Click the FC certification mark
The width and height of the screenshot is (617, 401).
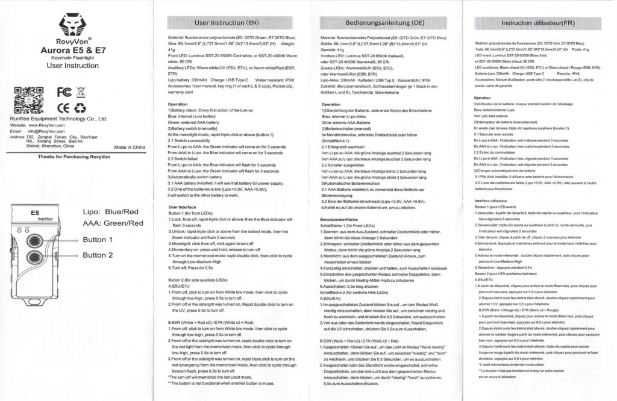pyautogui.click(x=63, y=92)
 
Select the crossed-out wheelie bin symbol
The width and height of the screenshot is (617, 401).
pyautogui.click(x=81, y=92)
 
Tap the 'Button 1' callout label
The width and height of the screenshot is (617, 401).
pyautogui.click(x=98, y=240)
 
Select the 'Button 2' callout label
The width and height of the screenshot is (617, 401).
pyautogui.click(x=98, y=255)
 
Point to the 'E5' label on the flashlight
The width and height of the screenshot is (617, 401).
pyautogui.click(x=35, y=213)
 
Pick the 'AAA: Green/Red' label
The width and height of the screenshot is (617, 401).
pyautogui.click(x=113, y=223)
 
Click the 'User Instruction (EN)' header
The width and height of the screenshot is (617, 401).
pyautogui.click(x=226, y=23)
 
